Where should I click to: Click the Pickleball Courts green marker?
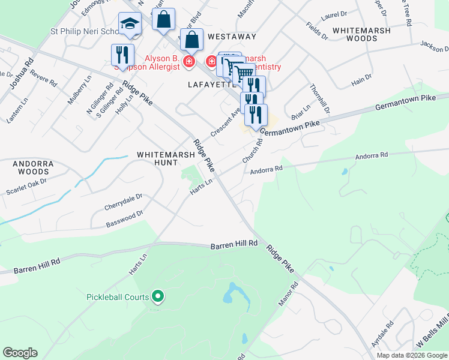pos(158,296)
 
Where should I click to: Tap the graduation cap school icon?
pos(130,25)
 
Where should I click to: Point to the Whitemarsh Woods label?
pos(361,34)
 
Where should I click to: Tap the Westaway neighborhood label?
pos(232,37)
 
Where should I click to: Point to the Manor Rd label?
pos(288,295)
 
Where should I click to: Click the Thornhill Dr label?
pos(320,99)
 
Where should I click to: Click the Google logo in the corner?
pos(20,353)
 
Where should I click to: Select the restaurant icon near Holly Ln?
pos(122,55)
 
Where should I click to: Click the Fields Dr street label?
pos(316,31)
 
